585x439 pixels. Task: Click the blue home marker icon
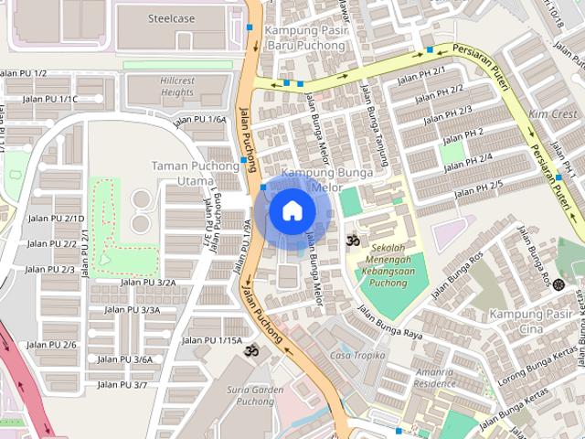(x=292, y=210)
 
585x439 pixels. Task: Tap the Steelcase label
(x=174, y=17)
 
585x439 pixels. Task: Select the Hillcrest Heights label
(x=176, y=86)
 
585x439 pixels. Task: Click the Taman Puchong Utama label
(x=194, y=174)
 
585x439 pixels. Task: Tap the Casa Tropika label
(x=357, y=355)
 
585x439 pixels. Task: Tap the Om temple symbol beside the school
(x=353, y=241)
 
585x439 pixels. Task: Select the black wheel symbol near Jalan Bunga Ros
(x=558, y=284)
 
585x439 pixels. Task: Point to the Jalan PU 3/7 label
(x=122, y=385)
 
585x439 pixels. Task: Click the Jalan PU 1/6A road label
(x=199, y=120)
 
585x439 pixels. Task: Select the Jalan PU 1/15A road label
(x=212, y=340)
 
